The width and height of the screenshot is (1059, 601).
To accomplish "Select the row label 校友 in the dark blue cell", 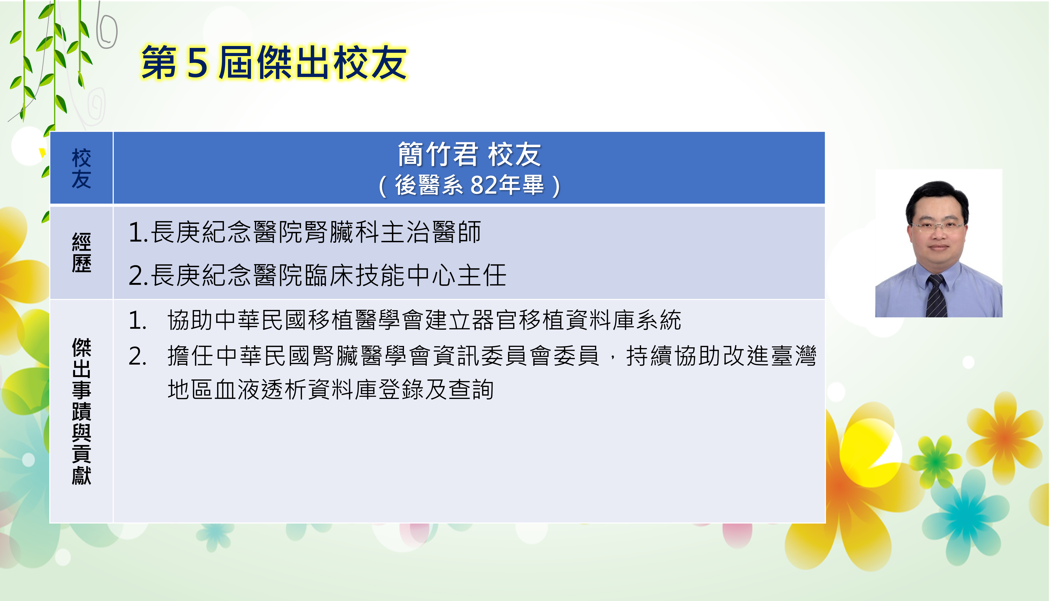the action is point(81,168).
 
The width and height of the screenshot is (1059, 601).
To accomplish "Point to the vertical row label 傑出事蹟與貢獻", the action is point(81,411).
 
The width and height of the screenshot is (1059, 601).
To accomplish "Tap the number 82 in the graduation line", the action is point(483,185).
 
